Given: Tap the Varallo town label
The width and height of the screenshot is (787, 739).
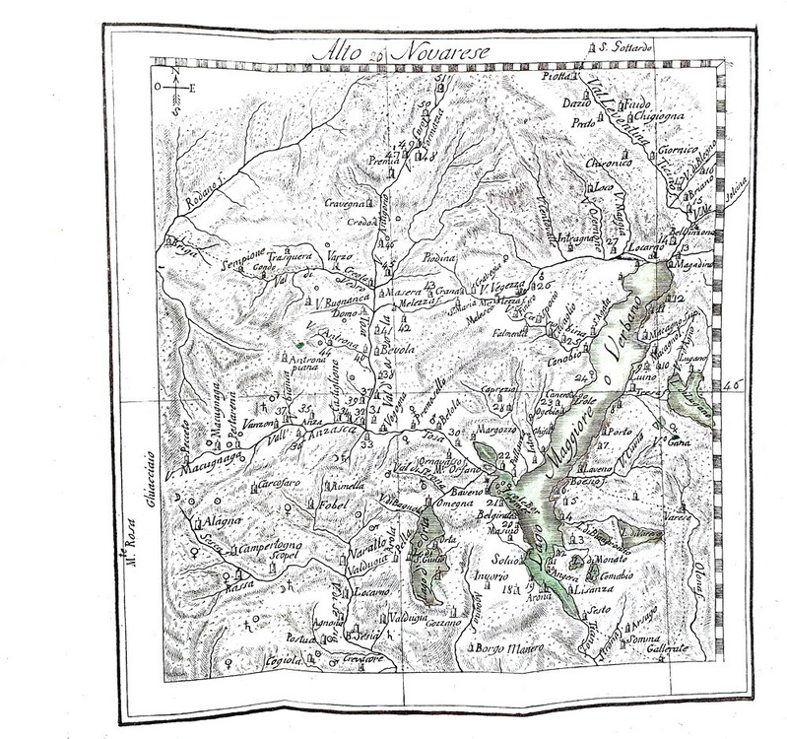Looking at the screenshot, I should click(x=359, y=545).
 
